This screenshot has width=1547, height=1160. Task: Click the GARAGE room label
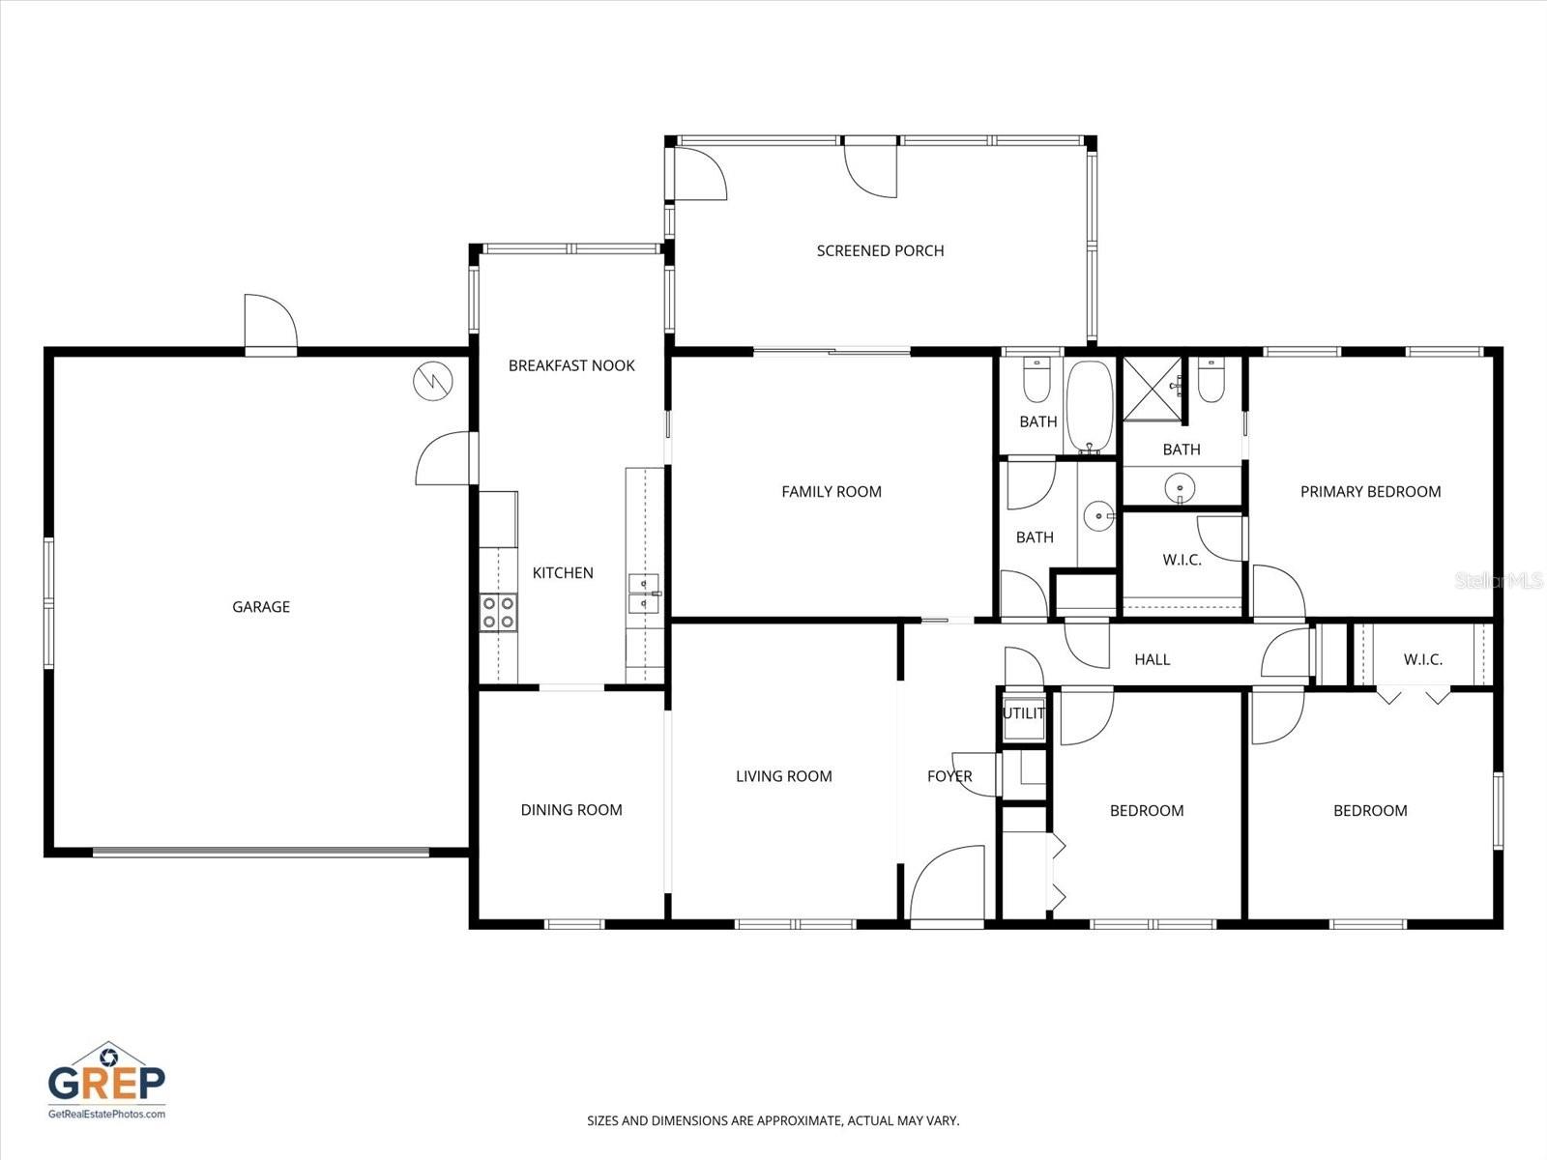[261, 607]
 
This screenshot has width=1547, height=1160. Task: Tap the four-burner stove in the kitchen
[498, 612]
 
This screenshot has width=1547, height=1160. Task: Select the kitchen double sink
[643, 593]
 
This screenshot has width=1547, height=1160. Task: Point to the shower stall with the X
[1152, 389]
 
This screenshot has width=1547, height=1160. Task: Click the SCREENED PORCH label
[880, 250]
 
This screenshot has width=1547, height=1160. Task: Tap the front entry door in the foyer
[949, 885]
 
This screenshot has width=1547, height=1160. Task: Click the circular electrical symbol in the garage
[431, 381]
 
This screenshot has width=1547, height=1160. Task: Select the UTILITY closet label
[1024, 713]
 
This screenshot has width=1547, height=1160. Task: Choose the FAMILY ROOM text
[832, 491]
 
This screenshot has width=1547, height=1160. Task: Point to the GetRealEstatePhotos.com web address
[107, 1114]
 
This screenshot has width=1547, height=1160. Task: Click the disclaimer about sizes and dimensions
[773, 1121]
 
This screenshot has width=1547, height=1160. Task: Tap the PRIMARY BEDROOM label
[1370, 491]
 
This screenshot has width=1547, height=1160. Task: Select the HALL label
[1152, 659]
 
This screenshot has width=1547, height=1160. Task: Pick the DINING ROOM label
[571, 810]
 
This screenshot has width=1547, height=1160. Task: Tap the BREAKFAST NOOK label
[571, 365]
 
